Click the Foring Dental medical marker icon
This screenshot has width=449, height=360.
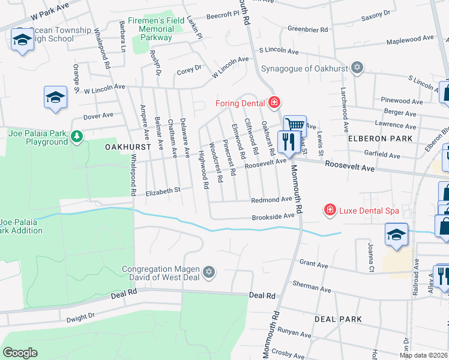pyautogui.click(x=274, y=103)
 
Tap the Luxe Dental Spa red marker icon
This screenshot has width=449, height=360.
pyautogui.click(x=330, y=209)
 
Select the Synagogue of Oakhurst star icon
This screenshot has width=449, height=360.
pyautogui.click(x=358, y=67)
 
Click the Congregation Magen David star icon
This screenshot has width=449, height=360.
pyautogui.click(x=208, y=272)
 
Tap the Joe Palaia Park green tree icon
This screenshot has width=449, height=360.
pyautogui.click(x=76, y=137)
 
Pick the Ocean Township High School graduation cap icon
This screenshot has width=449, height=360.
pyautogui.click(x=22, y=40)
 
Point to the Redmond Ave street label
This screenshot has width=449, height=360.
pyautogui.click(x=271, y=199)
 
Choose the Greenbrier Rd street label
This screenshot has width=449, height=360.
pyautogui.click(x=307, y=29)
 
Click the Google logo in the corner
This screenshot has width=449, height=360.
pyautogui.click(x=20, y=353)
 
